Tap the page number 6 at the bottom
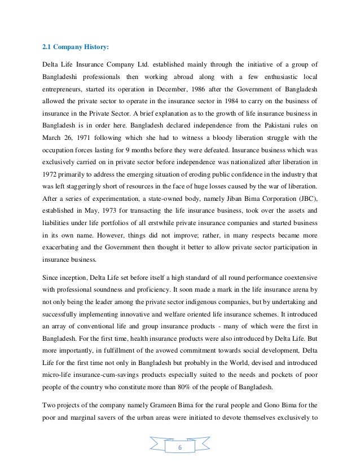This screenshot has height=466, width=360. pyautogui.click(x=179, y=447)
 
